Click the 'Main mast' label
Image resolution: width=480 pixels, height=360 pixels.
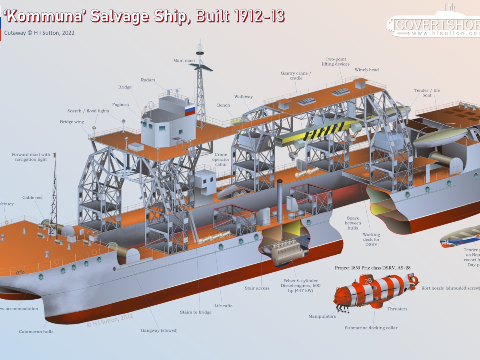[x=184, y=61]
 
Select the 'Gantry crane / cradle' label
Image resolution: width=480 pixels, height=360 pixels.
[x=296, y=76]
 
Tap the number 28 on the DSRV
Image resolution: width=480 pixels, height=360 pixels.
[x=368, y=281]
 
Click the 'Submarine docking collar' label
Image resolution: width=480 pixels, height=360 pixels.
[x=371, y=328]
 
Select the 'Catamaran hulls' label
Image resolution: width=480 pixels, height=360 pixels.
[x=36, y=332]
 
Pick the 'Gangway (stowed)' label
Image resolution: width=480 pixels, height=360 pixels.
[x=159, y=330]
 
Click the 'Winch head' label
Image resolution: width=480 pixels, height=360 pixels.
[x=366, y=70]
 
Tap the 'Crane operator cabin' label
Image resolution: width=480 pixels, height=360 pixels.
[x=220, y=159]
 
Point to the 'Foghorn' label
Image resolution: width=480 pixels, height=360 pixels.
[x=120, y=105]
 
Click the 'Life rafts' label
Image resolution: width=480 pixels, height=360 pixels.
[x=223, y=306]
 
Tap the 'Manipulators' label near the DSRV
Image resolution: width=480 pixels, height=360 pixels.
[x=322, y=316]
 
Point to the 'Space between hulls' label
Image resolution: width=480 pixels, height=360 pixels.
[x=353, y=223]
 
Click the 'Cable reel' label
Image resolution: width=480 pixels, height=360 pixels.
[x=32, y=198]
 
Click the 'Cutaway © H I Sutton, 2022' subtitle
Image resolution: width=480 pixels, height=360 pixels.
[x=39, y=33]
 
